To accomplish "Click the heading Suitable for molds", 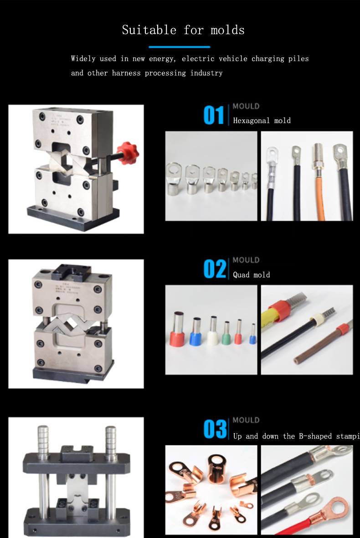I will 183,30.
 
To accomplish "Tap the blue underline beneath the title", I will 180,47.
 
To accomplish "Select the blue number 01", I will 214,115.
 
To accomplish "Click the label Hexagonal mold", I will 262,121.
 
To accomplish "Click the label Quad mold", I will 252,275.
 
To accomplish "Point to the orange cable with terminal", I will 317,182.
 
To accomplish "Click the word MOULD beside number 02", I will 246,260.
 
